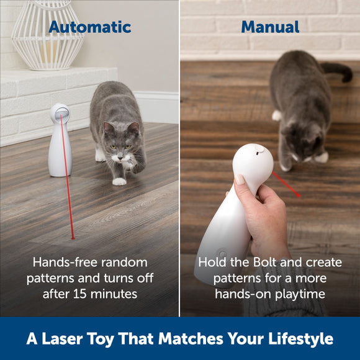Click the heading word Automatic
90,27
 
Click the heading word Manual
270,27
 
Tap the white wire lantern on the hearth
48,34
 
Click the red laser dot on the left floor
73,237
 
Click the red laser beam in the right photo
287,185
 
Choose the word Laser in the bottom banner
66,338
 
